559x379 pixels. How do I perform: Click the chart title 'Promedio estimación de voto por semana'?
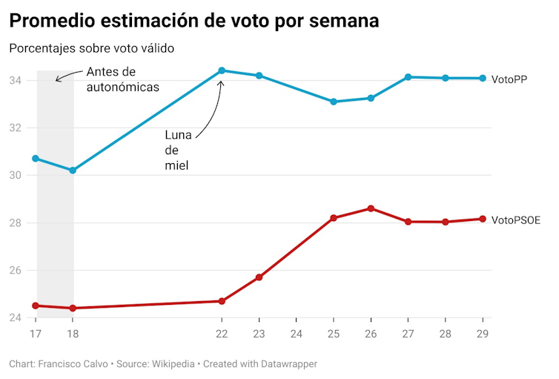194,20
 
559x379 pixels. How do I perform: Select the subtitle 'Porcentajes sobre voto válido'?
91,49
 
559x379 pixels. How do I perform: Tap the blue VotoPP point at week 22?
222,70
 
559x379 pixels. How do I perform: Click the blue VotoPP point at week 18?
73,171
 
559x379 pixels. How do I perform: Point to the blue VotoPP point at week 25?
334,102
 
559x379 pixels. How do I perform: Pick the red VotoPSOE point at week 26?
371,208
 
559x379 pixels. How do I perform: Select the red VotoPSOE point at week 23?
259,277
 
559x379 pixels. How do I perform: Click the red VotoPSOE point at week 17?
36,306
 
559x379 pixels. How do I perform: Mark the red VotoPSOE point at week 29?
483,219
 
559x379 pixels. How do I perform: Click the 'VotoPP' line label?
509,79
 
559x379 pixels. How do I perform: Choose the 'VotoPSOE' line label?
516,220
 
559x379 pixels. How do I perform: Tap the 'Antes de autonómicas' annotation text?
123,79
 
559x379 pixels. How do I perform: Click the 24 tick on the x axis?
296,334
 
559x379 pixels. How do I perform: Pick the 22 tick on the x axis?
222,334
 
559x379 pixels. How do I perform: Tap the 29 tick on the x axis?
482,334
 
